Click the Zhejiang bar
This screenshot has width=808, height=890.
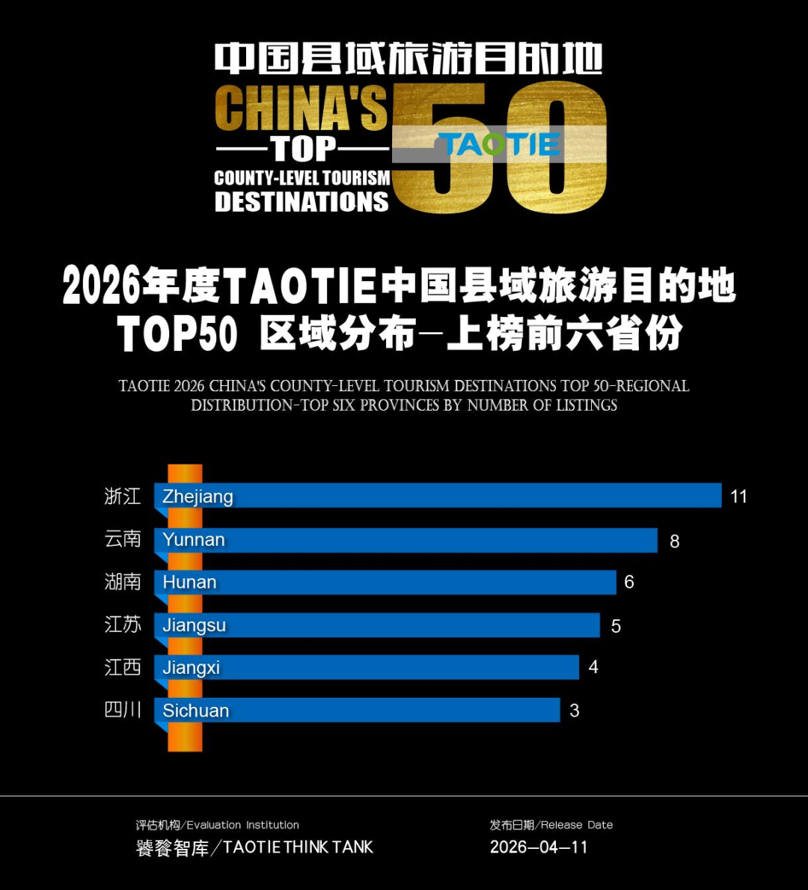(x=438, y=496)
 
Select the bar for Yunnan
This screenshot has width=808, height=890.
(x=405, y=540)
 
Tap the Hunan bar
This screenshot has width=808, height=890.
(x=385, y=582)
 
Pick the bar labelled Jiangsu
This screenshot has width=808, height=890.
(x=377, y=625)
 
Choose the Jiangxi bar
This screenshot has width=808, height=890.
(x=367, y=667)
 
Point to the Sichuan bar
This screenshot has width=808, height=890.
(x=357, y=710)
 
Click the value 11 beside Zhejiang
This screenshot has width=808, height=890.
(x=738, y=497)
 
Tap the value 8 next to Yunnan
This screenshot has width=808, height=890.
(x=675, y=541)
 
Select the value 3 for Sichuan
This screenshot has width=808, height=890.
(x=575, y=711)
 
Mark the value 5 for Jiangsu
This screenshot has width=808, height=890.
(x=616, y=626)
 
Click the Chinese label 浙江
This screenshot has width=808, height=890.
(x=123, y=496)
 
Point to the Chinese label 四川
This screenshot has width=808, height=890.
(x=123, y=710)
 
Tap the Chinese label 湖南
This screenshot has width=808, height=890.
(x=123, y=582)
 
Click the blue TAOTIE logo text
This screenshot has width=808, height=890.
(x=499, y=144)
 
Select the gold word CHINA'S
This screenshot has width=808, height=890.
(x=301, y=108)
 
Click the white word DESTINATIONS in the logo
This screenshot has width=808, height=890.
(x=302, y=202)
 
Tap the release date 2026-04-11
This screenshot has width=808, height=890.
(x=539, y=847)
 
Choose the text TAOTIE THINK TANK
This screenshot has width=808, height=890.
(x=298, y=847)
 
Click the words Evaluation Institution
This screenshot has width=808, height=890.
(x=242, y=825)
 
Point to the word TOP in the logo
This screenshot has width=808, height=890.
(x=303, y=150)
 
